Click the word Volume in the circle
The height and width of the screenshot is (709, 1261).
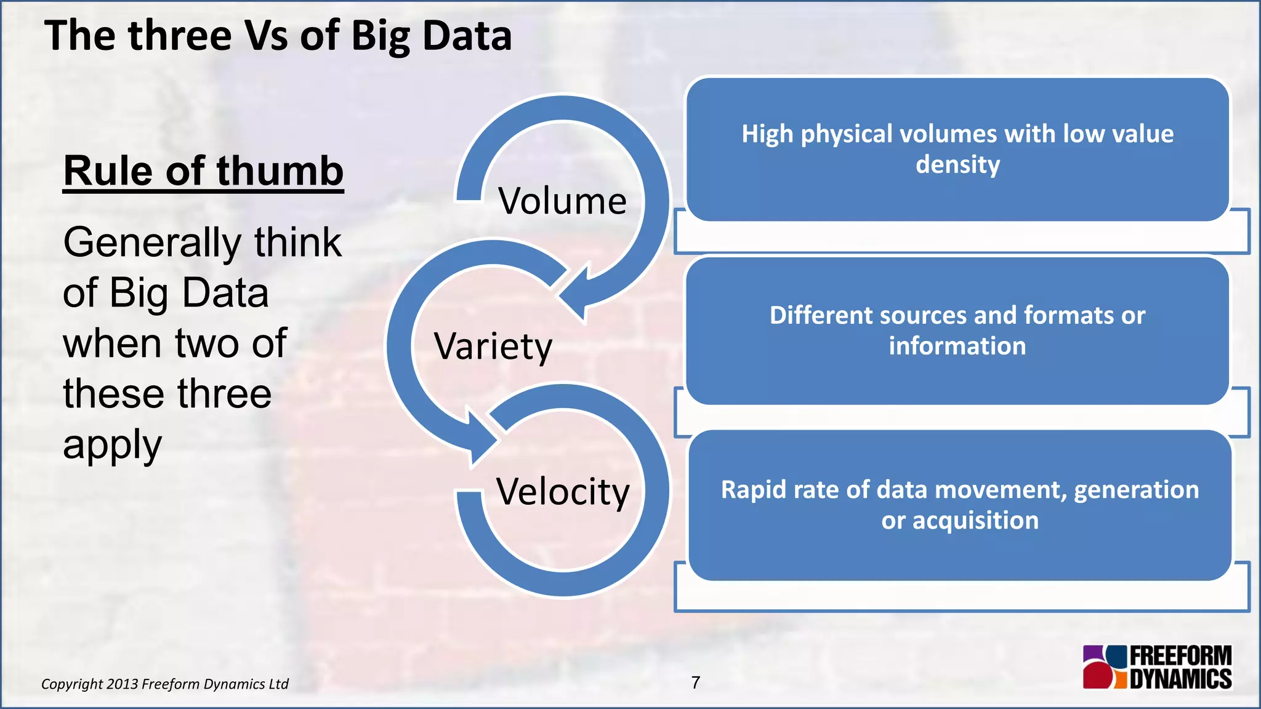tap(562, 201)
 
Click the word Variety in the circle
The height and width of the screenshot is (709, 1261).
tap(493, 346)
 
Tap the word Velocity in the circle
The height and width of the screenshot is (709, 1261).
tap(563, 492)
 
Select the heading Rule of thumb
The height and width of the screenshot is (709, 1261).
tap(203, 171)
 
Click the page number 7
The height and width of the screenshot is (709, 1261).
tap(695, 683)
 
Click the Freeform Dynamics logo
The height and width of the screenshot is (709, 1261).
tap(1157, 667)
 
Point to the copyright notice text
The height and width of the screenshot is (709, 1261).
tap(164, 684)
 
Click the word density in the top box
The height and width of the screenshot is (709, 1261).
tap(957, 164)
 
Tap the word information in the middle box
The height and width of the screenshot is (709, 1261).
tap(957, 346)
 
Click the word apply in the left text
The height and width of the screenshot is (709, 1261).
tap(112, 445)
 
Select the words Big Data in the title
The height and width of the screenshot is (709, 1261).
tap(431, 36)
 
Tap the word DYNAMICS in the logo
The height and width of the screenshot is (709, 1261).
tap(1180, 679)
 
